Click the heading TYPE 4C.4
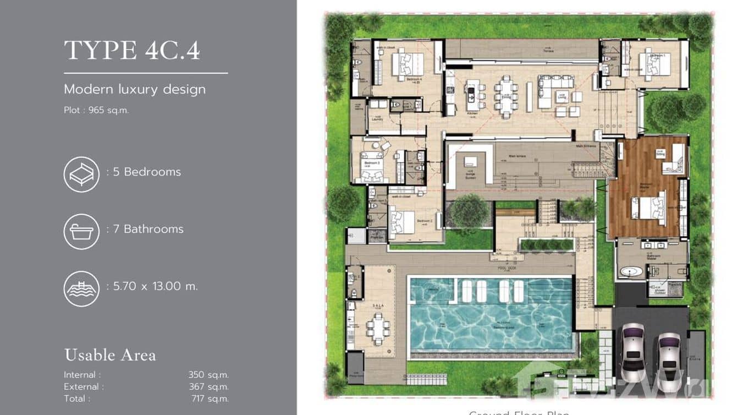pyautogui.click(x=132, y=51)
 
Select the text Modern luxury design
pyautogui.click(x=135, y=89)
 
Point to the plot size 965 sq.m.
pyautogui.click(x=96, y=110)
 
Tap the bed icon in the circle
pyautogui.click(x=81, y=174)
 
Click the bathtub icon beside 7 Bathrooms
pyautogui.click(x=81, y=232)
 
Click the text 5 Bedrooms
pyautogui.click(x=146, y=172)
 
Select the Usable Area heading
pyautogui.click(x=110, y=355)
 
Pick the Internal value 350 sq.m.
pyautogui.click(x=208, y=375)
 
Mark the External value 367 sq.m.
pyautogui.click(x=208, y=387)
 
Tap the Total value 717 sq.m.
pyautogui.click(x=210, y=398)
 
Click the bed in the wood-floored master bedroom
pyautogui.click(x=650, y=208)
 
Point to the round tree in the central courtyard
pyautogui.click(x=469, y=211)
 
